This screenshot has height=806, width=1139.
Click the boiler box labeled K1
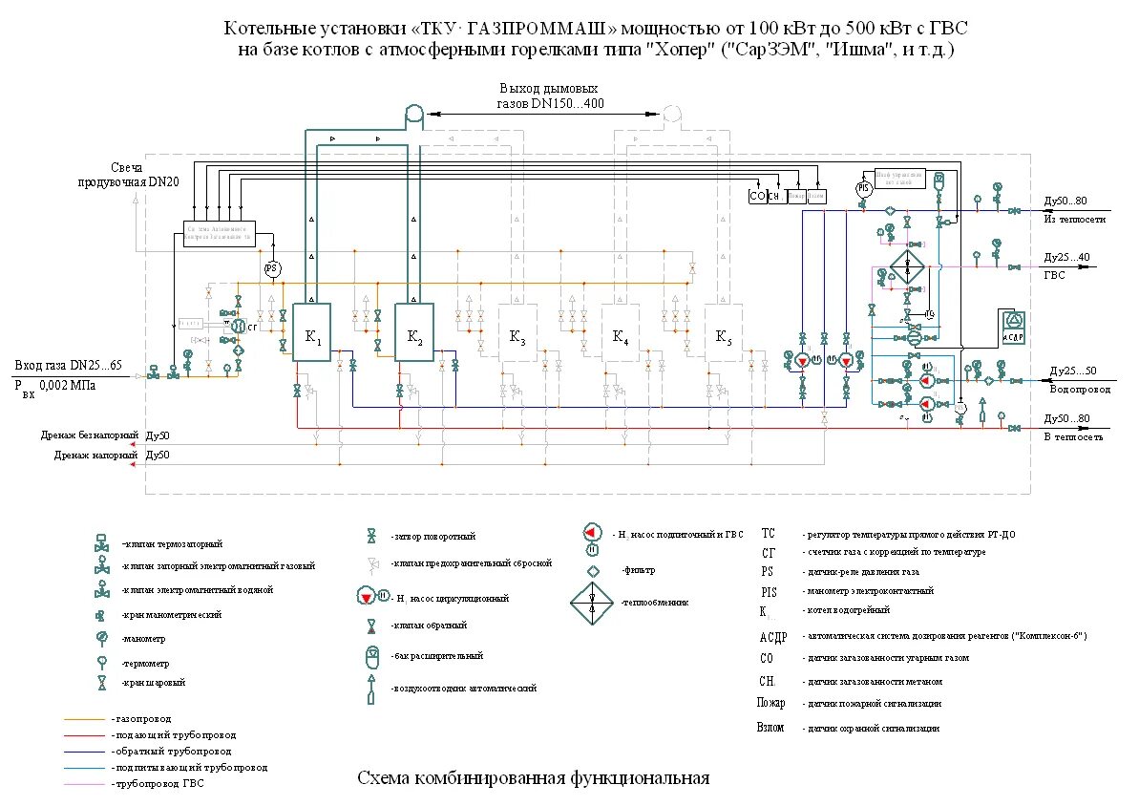[311, 332]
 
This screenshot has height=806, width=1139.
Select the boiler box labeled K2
[414, 332]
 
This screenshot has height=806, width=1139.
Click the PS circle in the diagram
[271, 269]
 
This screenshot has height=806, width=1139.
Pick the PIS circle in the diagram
[864, 189]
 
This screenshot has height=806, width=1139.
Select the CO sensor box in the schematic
[758, 196]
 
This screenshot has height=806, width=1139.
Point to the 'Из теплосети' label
[1074, 219]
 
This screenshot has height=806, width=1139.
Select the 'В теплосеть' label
[1074, 436]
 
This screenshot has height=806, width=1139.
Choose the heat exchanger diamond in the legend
[593, 604]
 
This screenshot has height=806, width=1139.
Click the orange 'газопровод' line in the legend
[86, 718]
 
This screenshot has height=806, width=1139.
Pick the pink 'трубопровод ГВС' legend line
[86, 783]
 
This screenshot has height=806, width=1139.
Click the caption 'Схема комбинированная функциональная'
[533, 777]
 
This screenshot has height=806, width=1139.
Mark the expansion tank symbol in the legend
[372, 657]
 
